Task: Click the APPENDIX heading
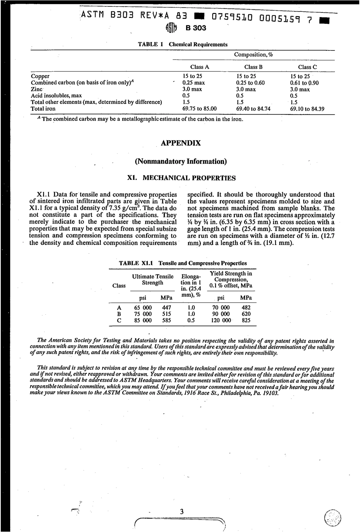click(x=181, y=143)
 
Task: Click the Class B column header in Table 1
click(x=253, y=67)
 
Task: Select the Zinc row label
click(x=36, y=89)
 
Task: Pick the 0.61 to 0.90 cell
click(x=304, y=83)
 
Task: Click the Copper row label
click(x=40, y=76)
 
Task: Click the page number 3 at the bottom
click(x=182, y=512)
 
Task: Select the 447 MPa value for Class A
click(x=166, y=308)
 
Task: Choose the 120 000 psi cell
click(x=221, y=320)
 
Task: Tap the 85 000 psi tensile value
click(x=143, y=320)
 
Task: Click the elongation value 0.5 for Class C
click(x=191, y=320)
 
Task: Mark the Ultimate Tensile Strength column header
click(x=152, y=280)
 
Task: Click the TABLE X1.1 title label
click(x=135, y=263)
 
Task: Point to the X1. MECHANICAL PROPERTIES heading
click(x=181, y=178)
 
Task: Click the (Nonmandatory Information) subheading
click(x=181, y=162)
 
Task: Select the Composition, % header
click(x=254, y=55)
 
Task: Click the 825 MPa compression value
click(x=246, y=320)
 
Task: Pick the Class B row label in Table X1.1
click(x=119, y=314)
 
